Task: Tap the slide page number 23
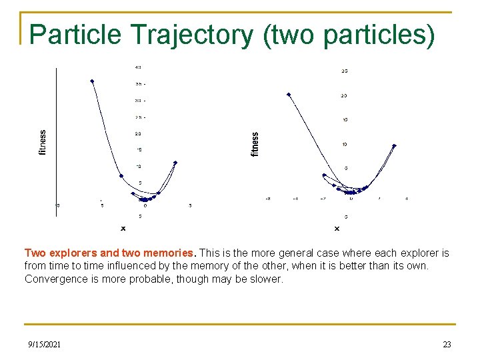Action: [447, 345]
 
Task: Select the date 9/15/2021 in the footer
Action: [44, 345]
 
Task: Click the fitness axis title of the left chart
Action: [43, 143]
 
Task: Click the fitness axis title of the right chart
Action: [255, 144]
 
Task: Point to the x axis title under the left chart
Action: [123, 229]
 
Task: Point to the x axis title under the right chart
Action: [336, 229]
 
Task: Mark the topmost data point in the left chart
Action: [92, 81]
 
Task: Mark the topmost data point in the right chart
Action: [289, 95]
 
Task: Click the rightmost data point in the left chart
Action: [175, 162]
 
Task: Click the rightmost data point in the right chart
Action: [394, 145]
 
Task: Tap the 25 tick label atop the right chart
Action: [344, 71]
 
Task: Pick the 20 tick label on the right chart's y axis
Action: [344, 96]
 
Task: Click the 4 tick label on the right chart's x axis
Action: [407, 199]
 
